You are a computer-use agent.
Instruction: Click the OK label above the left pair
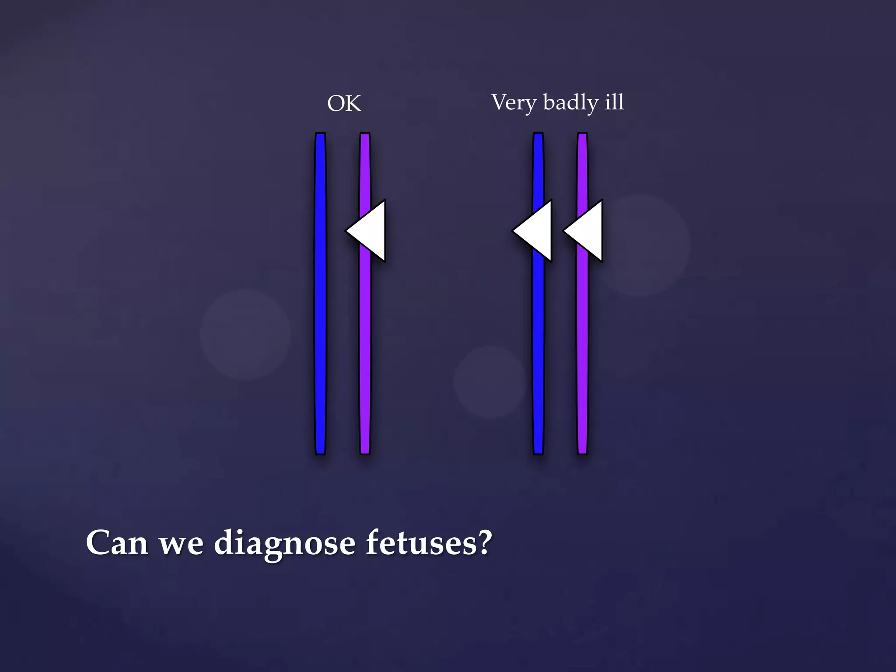[x=344, y=104]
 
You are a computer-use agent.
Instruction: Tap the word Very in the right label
[x=514, y=103]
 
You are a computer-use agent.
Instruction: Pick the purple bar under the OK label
[x=365, y=350]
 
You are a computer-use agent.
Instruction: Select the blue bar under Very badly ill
[x=538, y=350]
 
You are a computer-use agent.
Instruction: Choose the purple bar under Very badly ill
[x=582, y=350]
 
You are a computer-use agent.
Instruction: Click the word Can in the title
[x=116, y=543]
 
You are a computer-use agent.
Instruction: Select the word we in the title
[x=181, y=544]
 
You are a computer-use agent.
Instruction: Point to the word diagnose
[x=284, y=544]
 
